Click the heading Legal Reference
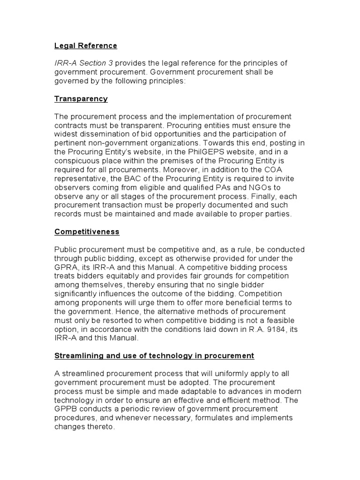(x=85, y=46)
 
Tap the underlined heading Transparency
(x=81, y=99)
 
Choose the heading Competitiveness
(x=87, y=232)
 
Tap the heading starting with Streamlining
(x=154, y=356)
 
